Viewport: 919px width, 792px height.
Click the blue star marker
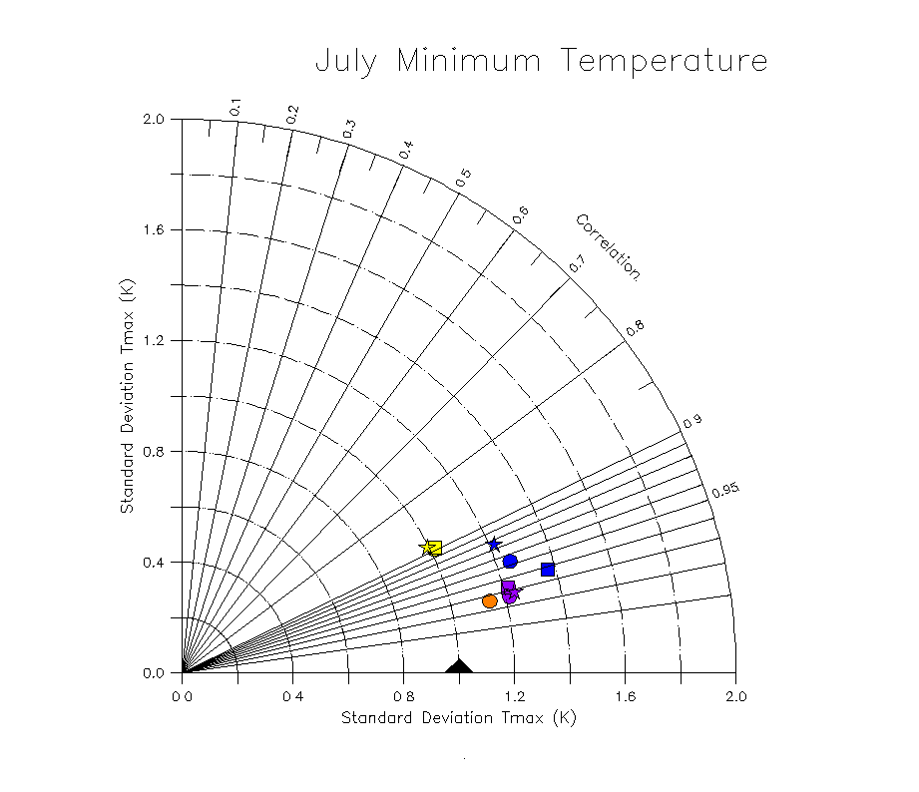(x=494, y=545)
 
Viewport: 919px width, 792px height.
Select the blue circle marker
(x=510, y=562)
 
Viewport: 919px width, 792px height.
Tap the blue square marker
(x=548, y=570)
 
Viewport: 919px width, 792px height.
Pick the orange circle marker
(x=489, y=600)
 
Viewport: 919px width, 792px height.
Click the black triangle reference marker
(x=459, y=666)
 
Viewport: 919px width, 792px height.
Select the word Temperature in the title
(x=664, y=62)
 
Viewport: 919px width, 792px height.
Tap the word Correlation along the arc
(x=608, y=246)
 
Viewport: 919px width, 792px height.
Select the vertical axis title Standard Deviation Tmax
(x=127, y=396)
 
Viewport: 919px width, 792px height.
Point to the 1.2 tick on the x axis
(x=515, y=695)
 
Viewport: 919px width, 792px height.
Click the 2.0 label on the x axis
(x=736, y=695)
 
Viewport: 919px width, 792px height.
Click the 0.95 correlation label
(x=725, y=489)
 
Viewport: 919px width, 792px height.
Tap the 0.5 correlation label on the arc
(x=463, y=178)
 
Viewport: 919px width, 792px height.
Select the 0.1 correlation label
(x=235, y=106)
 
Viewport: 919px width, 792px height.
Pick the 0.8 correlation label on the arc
(x=635, y=327)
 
